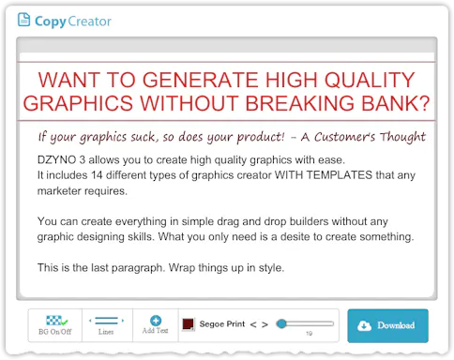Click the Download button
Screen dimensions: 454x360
(x=387, y=325)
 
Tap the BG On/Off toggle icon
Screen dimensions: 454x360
(x=57, y=321)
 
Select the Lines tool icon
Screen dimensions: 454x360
(x=106, y=321)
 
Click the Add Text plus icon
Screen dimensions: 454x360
(x=156, y=321)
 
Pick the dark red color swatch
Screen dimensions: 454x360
(x=189, y=324)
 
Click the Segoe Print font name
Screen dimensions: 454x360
(x=222, y=324)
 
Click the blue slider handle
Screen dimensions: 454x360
(x=281, y=323)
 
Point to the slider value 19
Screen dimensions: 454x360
(x=309, y=334)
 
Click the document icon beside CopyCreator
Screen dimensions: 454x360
(x=23, y=20)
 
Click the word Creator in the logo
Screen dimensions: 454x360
(x=89, y=22)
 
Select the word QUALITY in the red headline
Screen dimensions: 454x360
(x=370, y=80)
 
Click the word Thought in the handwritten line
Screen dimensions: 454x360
(x=402, y=137)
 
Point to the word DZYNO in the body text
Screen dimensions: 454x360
(x=56, y=160)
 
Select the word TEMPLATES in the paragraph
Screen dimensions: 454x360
(x=339, y=175)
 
